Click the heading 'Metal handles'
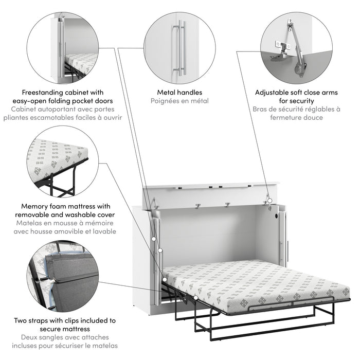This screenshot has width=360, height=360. [x=179, y=93]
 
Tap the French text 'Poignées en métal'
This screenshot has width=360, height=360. [x=179, y=101]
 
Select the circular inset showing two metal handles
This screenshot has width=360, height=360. [x=179, y=44]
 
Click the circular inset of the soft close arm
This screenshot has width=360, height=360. [x=292, y=44]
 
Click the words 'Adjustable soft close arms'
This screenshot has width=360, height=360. [x=292, y=93]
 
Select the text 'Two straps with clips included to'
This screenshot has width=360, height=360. [x=65, y=320]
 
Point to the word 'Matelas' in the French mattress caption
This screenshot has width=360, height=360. [x=30, y=223]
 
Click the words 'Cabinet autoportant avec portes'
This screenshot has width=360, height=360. [x=65, y=110]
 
